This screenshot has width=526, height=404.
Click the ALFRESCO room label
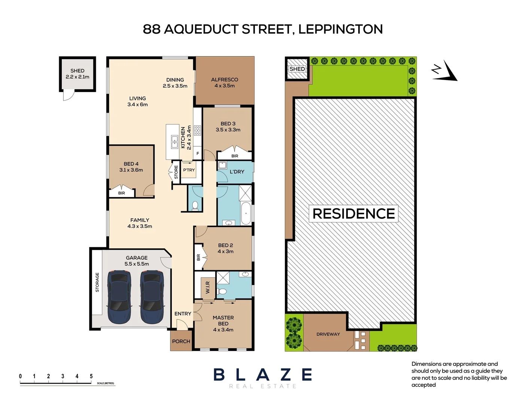(x=225, y=80)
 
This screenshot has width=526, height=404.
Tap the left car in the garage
(x=119, y=297)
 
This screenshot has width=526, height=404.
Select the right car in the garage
(x=152, y=297)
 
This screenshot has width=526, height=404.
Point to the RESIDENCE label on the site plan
(x=354, y=214)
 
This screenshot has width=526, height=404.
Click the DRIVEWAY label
(x=328, y=334)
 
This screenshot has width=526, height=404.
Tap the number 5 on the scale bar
(x=91, y=376)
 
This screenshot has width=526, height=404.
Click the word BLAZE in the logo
(x=263, y=374)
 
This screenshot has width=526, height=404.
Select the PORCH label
(x=181, y=341)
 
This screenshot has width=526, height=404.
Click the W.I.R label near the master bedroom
(x=207, y=287)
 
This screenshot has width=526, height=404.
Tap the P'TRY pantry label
(x=189, y=170)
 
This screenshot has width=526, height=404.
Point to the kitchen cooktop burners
(x=197, y=131)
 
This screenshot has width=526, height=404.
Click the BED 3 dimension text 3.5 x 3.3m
(x=228, y=130)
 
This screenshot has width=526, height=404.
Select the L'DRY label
(x=237, y=172)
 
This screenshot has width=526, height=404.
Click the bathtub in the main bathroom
(x=246, y=214)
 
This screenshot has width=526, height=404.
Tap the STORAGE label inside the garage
(x=97, y=282)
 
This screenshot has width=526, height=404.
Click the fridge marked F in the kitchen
(x=198, y=153)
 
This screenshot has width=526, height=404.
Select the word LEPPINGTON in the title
(x=340, y=29)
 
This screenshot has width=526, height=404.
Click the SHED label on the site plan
(x=297, y=69)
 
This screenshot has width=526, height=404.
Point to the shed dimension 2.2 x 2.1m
(x=77, y=77)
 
